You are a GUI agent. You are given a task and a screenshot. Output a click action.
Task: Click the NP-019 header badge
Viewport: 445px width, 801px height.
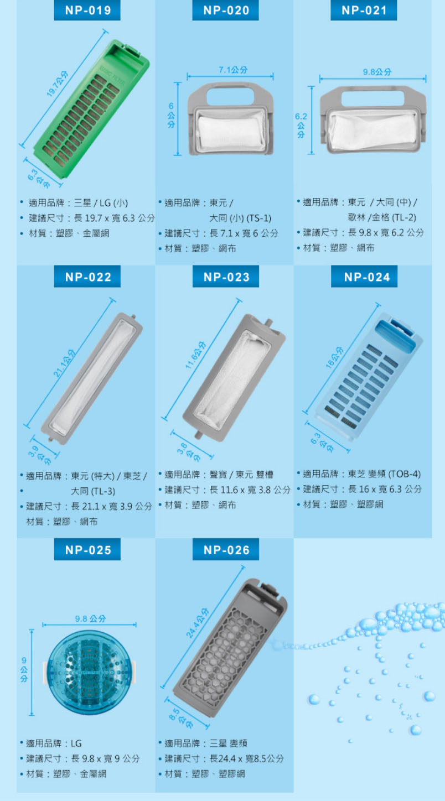point(87,10)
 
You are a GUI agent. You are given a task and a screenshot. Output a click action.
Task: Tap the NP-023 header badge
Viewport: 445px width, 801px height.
point(226,277)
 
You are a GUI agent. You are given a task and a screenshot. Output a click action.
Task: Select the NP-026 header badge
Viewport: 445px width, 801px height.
point(226,550)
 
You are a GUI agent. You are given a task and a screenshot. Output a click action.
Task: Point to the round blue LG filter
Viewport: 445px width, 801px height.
point(90,672)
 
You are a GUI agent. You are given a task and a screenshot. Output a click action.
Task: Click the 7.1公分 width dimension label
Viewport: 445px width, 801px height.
point(233,70)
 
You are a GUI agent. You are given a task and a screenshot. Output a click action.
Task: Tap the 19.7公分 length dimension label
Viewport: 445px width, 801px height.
point(57,84)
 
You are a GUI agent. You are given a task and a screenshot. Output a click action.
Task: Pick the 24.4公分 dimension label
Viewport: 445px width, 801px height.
point(197,623)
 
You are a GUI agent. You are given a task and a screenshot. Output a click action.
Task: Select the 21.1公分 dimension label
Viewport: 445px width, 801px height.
point(64,363)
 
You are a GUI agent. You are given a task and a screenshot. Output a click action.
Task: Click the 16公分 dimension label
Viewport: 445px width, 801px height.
point(334,357)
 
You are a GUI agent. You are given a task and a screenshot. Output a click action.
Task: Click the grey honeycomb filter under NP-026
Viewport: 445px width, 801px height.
point(230,648)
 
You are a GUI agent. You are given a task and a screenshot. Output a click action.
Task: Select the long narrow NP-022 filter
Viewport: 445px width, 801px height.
point(92,379)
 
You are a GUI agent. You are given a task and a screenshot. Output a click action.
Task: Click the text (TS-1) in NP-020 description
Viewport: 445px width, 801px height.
point(258,218)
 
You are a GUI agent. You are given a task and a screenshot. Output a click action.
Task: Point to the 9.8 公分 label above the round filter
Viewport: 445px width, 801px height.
point(91,618)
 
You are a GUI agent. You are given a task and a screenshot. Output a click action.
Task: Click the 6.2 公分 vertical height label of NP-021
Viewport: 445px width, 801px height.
point(301,125)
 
